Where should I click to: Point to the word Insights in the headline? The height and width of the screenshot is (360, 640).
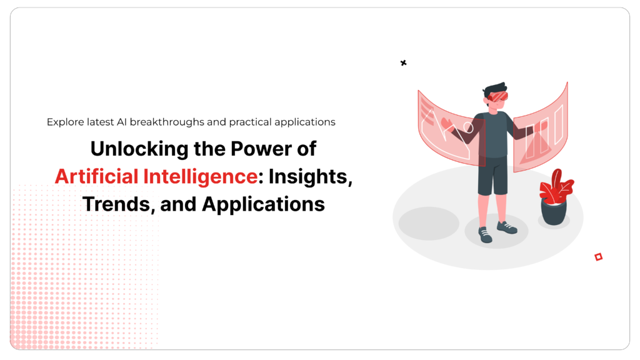[x=310, y=177]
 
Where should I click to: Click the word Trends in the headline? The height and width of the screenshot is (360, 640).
[x=117, y=204]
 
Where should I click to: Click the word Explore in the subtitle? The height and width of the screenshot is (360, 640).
[x=64, y=122]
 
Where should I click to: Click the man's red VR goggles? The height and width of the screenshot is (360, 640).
[x=498, y=97]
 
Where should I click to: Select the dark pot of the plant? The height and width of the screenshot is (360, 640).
[x=553, y=212]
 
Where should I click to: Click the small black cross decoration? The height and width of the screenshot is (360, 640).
[x=403, y=62]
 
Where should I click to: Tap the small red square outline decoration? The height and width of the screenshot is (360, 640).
[x=598, y=256]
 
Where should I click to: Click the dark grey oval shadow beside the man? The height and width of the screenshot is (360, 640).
[x=429, y=223]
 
